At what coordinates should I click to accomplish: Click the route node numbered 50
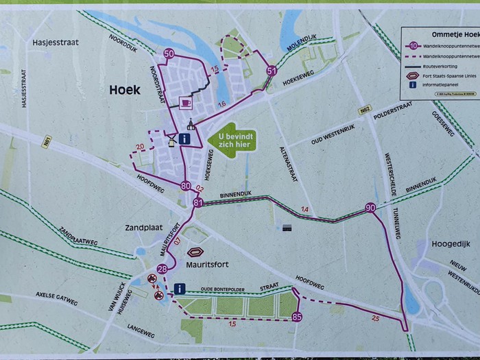[x=169, y=54]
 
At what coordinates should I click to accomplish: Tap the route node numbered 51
[x=272, y=71]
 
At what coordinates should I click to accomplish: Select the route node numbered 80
[x=186, y=186]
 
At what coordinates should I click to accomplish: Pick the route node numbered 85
[x=296, y=317]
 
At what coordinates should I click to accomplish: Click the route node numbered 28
[x=162, y=269]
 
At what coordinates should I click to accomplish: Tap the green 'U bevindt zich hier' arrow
[x=232, y=139]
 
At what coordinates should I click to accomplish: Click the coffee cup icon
[x=184, y=103]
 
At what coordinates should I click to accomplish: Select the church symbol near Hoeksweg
[x=191, y=124]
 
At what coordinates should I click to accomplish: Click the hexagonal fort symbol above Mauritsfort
[x=196, y=252]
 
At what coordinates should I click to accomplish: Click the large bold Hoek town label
[x=124, y=90]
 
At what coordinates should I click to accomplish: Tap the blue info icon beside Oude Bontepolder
[x=180, y=289]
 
